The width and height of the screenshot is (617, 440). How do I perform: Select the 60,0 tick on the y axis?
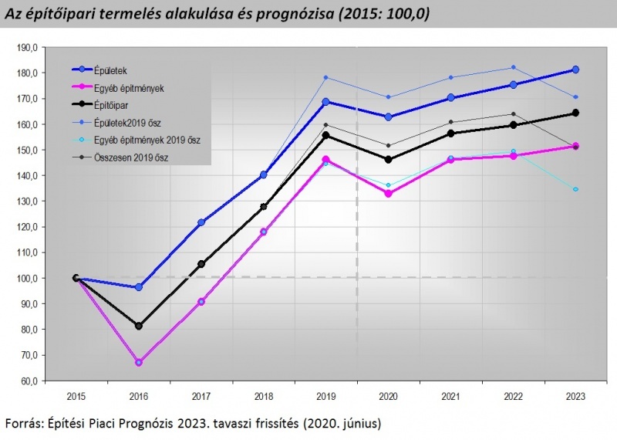pyautogui.click(x=28, y=381)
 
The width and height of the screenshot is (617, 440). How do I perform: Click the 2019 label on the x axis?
pyautogui.click(x=325, y=396)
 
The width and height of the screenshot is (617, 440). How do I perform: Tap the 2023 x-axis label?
pyautogui.click(x=575, y=396)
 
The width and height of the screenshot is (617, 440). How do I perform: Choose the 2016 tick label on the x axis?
pyautogui.click(x=139, y=396)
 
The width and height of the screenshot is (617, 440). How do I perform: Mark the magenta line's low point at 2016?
pyautogui.click(x=139, y=362)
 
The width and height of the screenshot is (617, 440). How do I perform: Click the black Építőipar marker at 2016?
pyautogui.click(x=139, y=326)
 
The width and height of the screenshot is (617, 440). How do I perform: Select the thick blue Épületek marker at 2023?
pyautogui.click(x=575, y=70)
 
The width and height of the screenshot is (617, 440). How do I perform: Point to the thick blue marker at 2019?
pyautogui.click(x=325, y=101)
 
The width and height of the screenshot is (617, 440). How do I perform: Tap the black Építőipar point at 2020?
pyautogui.click(x=388, y=160)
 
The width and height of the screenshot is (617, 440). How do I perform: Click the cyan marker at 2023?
pyautogui.click(x=575, y=189)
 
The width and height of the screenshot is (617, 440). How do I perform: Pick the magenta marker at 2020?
pyautogui.click(x=388, y=194)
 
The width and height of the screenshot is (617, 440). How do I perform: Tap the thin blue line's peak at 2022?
pyautogui.click(x=513, y=67)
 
